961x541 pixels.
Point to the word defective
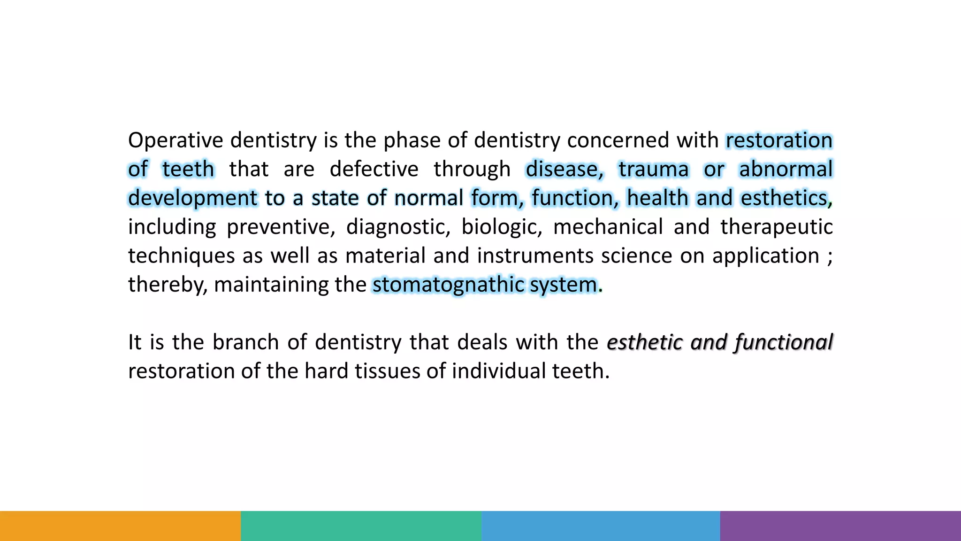pos(374,169)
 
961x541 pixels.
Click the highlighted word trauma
pos(653,169)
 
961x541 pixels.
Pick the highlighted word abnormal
pos(786,169)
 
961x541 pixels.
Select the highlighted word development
pos(192,198)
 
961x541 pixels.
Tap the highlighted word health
pos(657,198)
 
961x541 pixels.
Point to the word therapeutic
pos(776,227)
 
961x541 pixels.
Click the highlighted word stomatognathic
pos(448,285)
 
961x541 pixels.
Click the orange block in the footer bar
pos(120,526)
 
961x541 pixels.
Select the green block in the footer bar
pos(361,526)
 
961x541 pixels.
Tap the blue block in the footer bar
pos(601,526)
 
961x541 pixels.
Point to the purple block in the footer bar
pos(840,526)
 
